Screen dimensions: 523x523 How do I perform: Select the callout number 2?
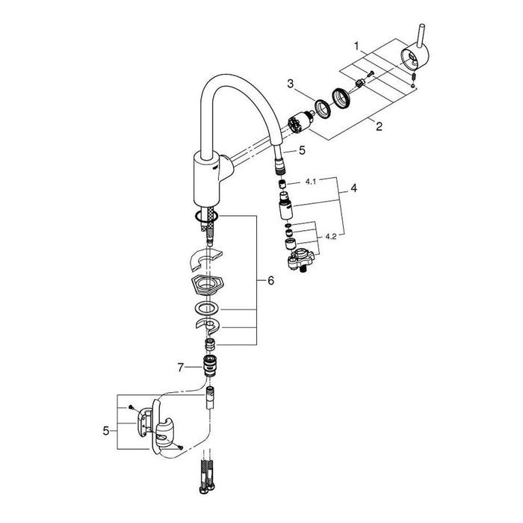379,126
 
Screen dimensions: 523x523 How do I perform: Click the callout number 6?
271,281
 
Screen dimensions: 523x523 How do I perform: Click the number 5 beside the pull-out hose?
302,150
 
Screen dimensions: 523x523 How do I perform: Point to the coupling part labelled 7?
211,367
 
